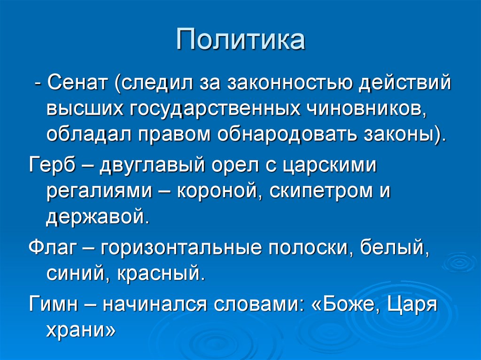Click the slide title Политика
click(x=240, y=40)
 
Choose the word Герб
click(x=52, y=165)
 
